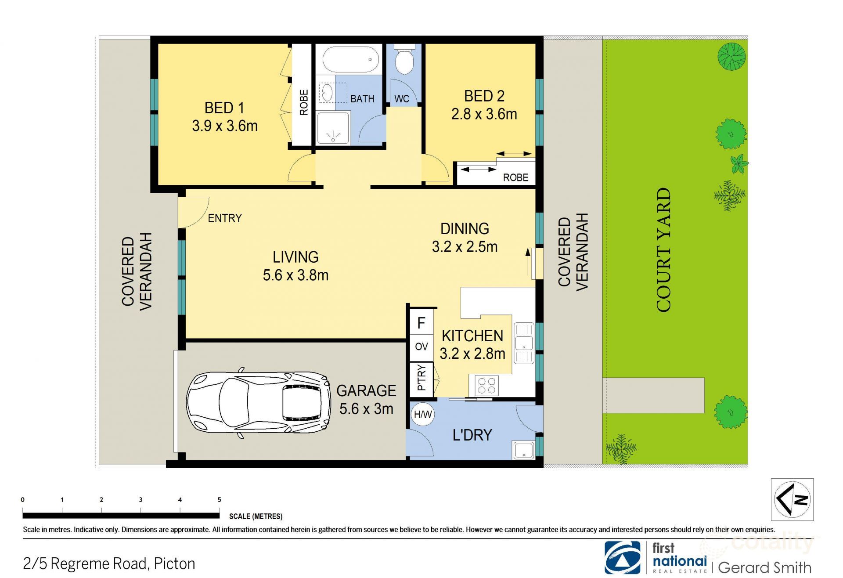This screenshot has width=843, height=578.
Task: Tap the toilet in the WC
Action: point(404,60)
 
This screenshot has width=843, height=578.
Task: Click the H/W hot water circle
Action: point(423,414)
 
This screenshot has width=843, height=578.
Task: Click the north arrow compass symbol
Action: point(792,499)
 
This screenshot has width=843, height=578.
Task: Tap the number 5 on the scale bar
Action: point(220,499)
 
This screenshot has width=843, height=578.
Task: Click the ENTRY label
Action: point(225,218)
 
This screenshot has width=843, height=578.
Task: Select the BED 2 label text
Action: point(484,96)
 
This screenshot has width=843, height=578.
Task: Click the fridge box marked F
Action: point(421,323)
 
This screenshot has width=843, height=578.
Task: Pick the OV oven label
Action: point(421,347)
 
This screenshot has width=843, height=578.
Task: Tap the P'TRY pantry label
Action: point(421,378)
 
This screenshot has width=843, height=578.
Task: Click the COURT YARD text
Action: point(664,250)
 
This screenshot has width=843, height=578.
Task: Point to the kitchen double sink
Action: point(524,343)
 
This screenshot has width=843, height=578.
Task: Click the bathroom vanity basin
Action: point(327,92)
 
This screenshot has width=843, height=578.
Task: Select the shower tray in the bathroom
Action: point(333,128)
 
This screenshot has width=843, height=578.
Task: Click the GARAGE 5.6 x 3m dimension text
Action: point(366,409)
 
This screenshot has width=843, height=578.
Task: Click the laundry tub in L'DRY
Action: point(523,451)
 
